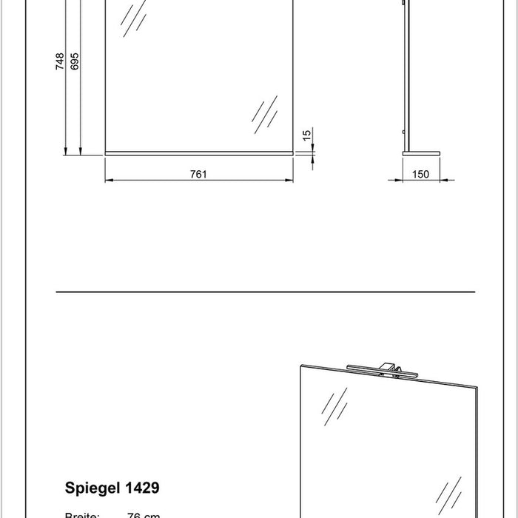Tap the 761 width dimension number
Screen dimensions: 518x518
point(198,174)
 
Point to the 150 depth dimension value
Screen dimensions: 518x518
point(420,174)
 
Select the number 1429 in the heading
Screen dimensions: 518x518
point(142,488)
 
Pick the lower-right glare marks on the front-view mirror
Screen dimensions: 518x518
point(263,115)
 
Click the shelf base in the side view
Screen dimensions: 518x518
point(420,153)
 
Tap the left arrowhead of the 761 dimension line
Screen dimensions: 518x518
point(108,180)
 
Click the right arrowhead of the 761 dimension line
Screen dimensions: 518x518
point(291,180)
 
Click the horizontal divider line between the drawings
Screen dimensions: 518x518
point(264,292)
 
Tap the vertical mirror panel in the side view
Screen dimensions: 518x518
point(404,74)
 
